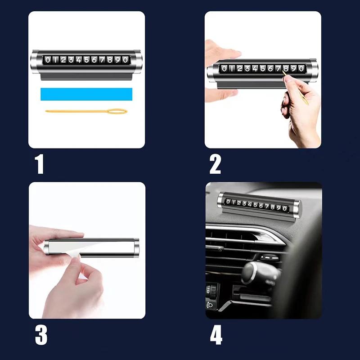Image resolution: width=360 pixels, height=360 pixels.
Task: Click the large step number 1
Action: pyautogui.click(x=40, y=164)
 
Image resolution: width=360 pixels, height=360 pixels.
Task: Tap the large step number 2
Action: pyautogui.click(x=215, y=164)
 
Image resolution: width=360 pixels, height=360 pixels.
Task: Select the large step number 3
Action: pyautogui.click(x=41, y=335)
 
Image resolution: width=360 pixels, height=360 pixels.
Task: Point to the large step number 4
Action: pyautogui.click(x=216, y=335)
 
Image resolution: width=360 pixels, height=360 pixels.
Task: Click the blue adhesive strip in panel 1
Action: pyautogui.click(x=86, y=94)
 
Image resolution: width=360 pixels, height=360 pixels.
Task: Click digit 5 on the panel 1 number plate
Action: pyautogui.click(x=86, y=60)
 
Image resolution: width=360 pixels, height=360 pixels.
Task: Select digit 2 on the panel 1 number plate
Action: pyautogui.click(x=63, y=60)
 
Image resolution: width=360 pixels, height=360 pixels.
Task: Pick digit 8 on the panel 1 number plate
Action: pyautogui.click(x=110, y=60)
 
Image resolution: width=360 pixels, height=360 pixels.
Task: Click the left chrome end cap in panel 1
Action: pyautogui.click(x=35, y=62)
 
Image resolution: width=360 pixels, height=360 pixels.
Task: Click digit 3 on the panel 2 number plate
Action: pyautogui.click(x=247, y=68)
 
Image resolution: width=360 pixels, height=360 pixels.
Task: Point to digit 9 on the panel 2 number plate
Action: pyautogui.click(x=294, y=68)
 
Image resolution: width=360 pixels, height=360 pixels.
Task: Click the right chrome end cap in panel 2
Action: pyautogui.click(x=313, y=70)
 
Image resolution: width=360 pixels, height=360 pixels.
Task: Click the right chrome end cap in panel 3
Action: pyautogui.click(x=136, y=248)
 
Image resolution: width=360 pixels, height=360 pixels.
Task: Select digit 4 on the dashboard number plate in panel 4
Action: pyautogui.click(x=250, y=204)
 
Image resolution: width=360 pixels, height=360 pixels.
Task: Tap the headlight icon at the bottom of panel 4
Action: pyautogui.click(x=210, y=305)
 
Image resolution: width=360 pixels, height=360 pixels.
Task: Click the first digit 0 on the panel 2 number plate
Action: pyautogui.click(x=224, y=68)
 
